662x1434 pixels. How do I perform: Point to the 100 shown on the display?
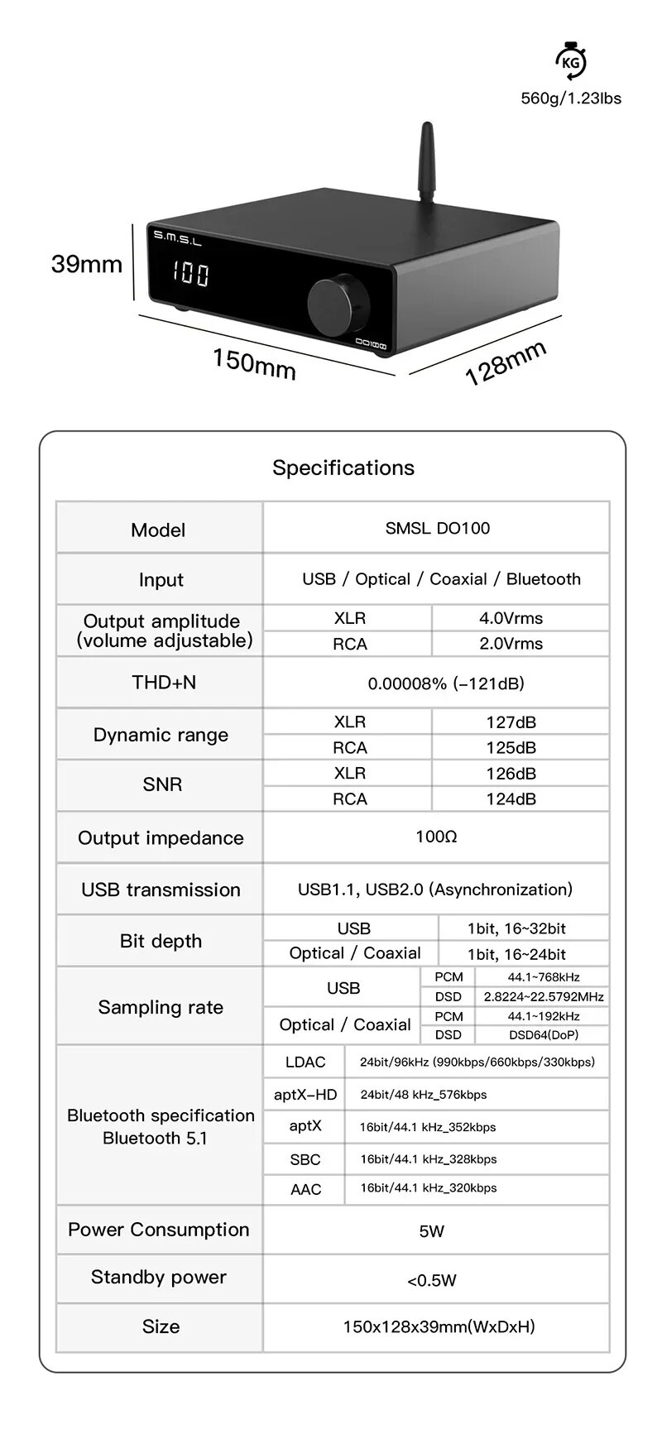coord(191,274)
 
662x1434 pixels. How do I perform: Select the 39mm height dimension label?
coord(86,264)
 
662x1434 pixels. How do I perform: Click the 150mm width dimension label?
coord(254,363)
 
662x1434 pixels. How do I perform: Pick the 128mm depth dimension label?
coord(506,362)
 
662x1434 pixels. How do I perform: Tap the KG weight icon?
coord(570,62)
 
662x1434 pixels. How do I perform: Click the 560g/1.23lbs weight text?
coord(570,98)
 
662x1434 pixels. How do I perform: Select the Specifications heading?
coord(343,468)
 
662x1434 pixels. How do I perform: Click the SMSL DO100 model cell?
coord(437,528)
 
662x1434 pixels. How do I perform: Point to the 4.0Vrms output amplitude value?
coord(511,618)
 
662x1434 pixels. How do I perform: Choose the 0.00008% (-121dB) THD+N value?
coord(445,683)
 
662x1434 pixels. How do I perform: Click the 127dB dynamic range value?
coord(511,722)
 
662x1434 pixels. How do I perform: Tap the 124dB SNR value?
coord(511,799)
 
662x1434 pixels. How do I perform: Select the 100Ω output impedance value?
coord(436,837)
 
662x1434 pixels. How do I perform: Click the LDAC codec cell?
coord(305,1062)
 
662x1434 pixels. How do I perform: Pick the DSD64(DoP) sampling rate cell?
coord(543,1034)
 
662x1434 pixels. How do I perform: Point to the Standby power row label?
coord(159,1277)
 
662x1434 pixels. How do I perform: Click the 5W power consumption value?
coord(432,1231)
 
